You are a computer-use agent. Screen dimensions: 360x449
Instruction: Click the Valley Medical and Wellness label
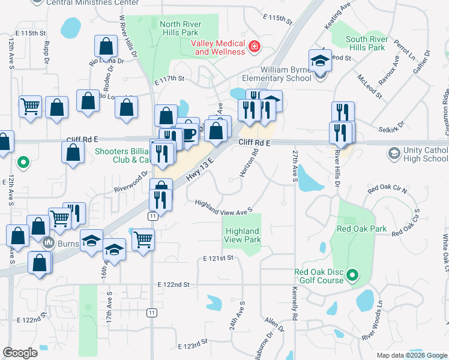click(218, 47)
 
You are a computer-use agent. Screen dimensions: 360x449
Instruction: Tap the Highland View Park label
click(243, 235)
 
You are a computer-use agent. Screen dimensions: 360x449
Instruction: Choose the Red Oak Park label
click(361, 229)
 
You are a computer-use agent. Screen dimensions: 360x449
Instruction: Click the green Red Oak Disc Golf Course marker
click(352, 276)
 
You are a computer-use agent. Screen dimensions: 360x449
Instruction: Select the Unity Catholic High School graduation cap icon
click(393, 154)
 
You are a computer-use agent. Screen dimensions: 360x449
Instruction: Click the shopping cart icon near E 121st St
click(143, 239)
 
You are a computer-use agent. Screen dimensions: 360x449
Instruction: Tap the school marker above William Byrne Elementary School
click(319, 61)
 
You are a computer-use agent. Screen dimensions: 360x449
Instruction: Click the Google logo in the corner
click(20, 353)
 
